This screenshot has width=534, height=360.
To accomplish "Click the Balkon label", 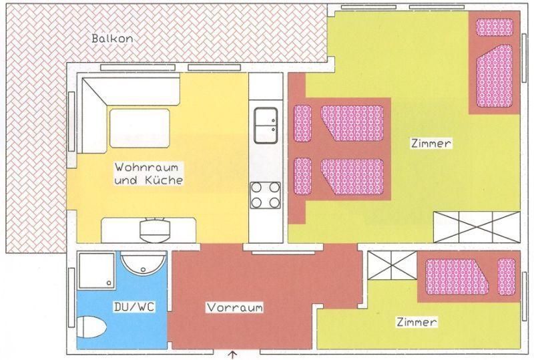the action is point(112,38).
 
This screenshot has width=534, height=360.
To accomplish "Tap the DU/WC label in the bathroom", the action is point(134,307).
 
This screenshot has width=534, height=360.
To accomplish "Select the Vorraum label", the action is point(235,307).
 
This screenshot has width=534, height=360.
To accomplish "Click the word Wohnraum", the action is point(146,168).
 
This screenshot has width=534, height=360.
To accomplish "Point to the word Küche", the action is point(164,180).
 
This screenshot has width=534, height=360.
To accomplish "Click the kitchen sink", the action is point(266,126).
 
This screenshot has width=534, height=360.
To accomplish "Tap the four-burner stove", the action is point(265,195).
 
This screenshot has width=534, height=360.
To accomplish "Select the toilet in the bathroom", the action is point(91,327).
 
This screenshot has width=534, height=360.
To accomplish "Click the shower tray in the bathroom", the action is point(96,271).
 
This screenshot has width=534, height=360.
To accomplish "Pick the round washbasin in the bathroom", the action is point(144,263).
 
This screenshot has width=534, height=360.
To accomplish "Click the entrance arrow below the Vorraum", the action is point(233,355).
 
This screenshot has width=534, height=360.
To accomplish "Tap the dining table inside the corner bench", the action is point(140,128).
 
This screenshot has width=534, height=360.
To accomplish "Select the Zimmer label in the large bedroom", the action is point(431,143).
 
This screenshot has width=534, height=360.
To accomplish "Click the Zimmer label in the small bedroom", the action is point(417,322).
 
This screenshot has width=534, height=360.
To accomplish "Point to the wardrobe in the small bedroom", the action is point(392,265).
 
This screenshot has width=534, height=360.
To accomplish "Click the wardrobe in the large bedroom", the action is point(477,227).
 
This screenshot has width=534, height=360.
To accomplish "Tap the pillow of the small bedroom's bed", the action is point(507,277).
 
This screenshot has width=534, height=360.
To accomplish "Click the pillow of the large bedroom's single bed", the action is point(495,27).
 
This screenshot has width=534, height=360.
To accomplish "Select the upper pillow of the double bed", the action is point(302,123).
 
